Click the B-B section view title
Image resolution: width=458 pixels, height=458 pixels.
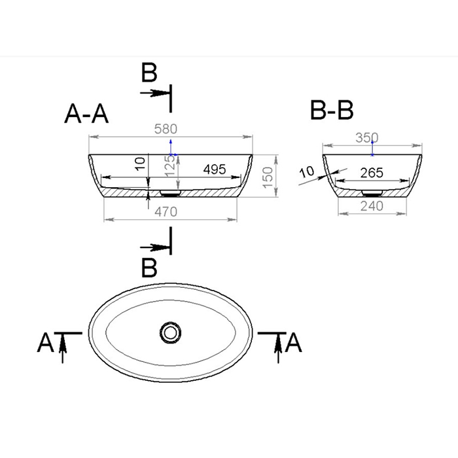pos(332,111)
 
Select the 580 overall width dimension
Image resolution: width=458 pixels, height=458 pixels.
pos(170,130)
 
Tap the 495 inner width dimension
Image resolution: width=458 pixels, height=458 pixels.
pos(214,169)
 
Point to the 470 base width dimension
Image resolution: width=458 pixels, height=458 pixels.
pos(169,211)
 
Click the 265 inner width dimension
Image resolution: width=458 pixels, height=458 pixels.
pos(371,173)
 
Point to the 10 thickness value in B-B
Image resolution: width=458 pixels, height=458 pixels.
pos(306,173)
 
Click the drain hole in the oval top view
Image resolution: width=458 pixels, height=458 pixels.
pos(171,332)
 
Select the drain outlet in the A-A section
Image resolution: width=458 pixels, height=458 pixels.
pos(171,194)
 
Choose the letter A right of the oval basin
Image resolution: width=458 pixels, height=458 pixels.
pos(294,342)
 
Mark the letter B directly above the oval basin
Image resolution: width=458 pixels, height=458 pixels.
pos(150,268)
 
